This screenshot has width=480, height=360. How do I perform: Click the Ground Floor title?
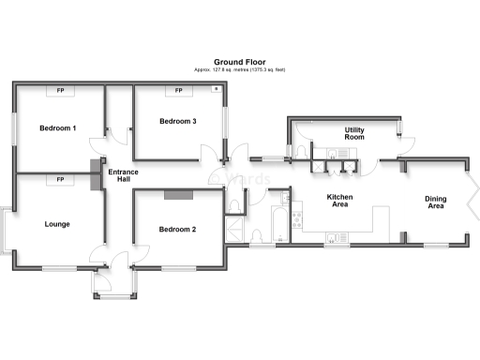pyautogui.click(x=239, y=58)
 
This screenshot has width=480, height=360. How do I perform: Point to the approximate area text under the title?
pyautogui.click(x=239, y=68)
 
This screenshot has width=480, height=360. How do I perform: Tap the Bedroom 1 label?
pyautogui.click(x=57, y=127)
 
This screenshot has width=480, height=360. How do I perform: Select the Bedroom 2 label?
pyautogui.click(x=177, y=229)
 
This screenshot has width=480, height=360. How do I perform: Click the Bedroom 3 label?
pyautogui.click(x=177, y=121)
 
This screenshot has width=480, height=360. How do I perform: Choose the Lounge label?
pyautogui.click(x=57, y=224)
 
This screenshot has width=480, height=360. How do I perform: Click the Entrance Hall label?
pyautogui.click(x=123, y=176)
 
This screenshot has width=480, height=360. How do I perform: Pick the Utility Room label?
pyautogui.click(x=354, y=133)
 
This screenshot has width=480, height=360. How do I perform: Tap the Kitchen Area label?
pyautogui.click(x=338, y=202)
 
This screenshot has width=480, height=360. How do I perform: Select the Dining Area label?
pyautogui.click(x=435, y=202)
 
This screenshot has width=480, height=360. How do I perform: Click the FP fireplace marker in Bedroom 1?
pyautogui.click(x=60, y=91)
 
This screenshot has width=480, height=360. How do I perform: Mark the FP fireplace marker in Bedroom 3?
pyautogui.click(x=178, y=91)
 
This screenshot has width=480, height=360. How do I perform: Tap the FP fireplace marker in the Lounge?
pyautogui.click(x=60, y=179)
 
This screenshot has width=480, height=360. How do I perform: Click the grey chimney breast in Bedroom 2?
pyautogui.click(x=178, y=195)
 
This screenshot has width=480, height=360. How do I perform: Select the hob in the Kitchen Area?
pyautogui.click(x=297, y=222)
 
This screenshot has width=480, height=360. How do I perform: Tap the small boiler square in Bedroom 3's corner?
pyautogui.click(x=217, y=90)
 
